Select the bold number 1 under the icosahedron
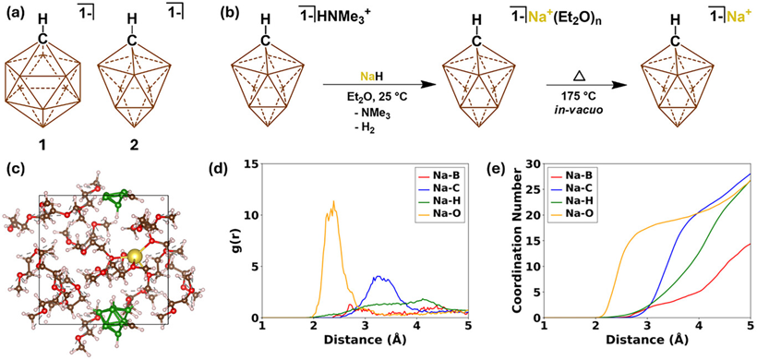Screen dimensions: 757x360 click(42, 144)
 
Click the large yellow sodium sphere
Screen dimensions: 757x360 click(136, 257)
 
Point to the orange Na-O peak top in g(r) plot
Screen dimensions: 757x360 click(333, 201)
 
